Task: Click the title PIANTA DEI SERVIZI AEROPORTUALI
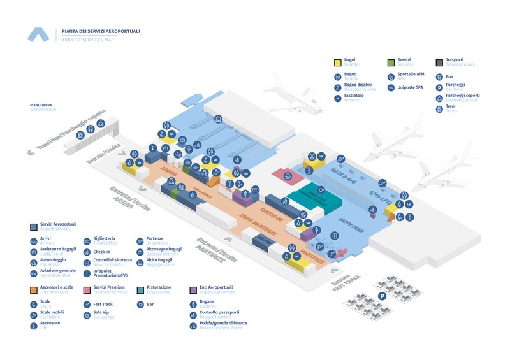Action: [x=101, y=31]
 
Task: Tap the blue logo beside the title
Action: [x=38, y=35]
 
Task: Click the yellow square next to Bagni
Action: [x=338, y=62]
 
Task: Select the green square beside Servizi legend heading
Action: [x=391, y=62]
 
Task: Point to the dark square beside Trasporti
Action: [x=439, y=62]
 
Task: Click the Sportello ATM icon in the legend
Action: [x=391, y=76]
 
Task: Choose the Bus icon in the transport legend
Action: [x=439, y=76]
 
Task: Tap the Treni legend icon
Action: [x=439, y=108]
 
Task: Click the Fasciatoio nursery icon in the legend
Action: [x=338, y=97]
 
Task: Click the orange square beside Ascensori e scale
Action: [x=33, y=290]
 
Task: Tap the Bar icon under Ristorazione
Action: [x=140, y=305]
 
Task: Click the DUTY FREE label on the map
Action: [x=351, y=226]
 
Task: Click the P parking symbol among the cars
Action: [x=382, y=296]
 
